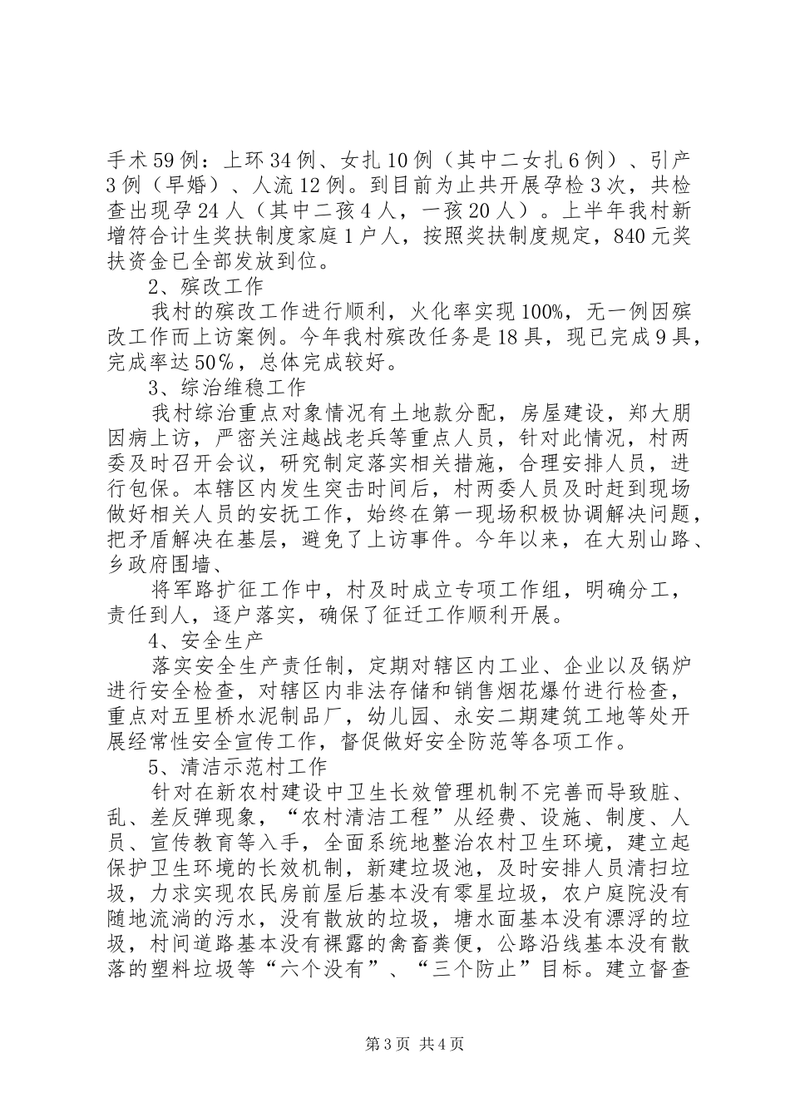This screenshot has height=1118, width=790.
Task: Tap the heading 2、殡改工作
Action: click(205, 288)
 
